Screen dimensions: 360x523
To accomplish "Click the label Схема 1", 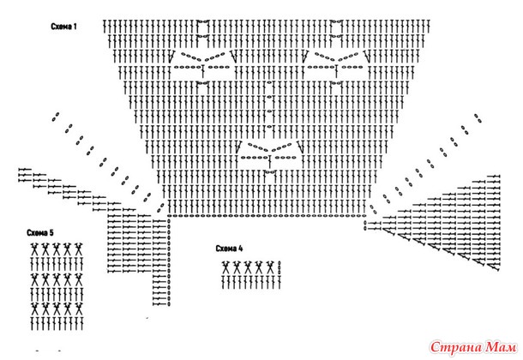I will point(63,27).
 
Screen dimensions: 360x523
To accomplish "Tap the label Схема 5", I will point(39,233).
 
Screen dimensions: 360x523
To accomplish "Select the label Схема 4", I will point(229,248).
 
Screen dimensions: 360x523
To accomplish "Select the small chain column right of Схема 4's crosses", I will point(280,267).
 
